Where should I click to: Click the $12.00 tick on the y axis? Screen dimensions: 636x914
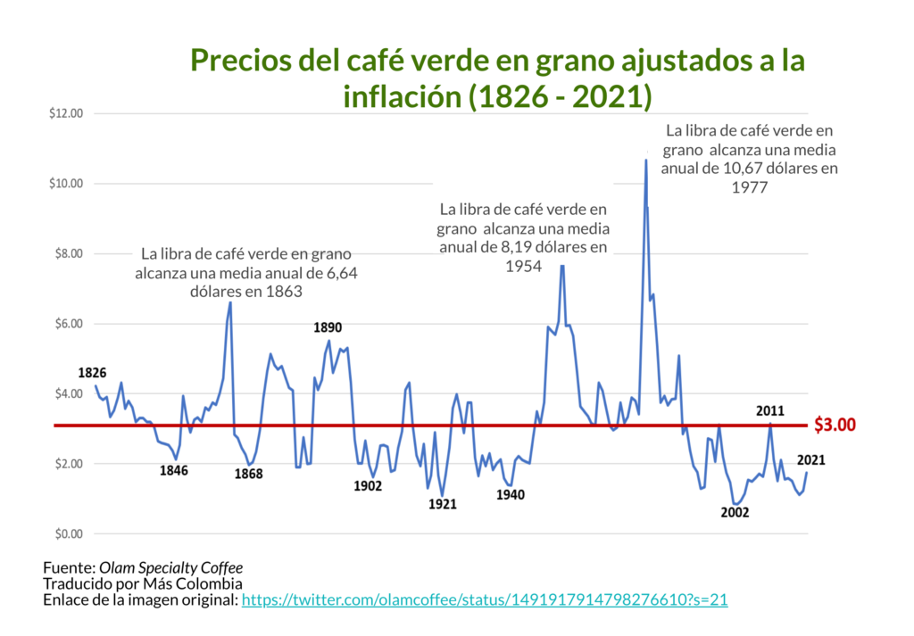(x=66, y=113)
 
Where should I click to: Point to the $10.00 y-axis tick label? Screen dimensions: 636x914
(x=66, y=184)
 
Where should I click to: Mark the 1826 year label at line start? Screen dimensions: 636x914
(x=93, y=373)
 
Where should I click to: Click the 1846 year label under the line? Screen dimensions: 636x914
(x=173, y=471)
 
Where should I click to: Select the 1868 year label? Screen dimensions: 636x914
(x=248, y=475)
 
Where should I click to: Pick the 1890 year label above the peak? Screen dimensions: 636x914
(x=328, y=327)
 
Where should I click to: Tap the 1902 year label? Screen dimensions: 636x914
(x=368, y=486)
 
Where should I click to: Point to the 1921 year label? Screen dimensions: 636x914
(x=442, y=504)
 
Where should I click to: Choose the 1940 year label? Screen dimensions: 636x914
(x=511, y=495)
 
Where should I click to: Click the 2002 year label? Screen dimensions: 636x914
(x=735, y=513)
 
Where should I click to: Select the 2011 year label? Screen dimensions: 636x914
(x=769, y=411)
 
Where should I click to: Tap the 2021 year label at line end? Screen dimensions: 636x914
(x=810, y=461)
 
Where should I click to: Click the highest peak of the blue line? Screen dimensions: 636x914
(x=645, y=161)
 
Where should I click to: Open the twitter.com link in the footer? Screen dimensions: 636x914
(x=485, y=600)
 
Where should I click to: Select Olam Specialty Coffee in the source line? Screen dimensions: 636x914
(x=170, y=567)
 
